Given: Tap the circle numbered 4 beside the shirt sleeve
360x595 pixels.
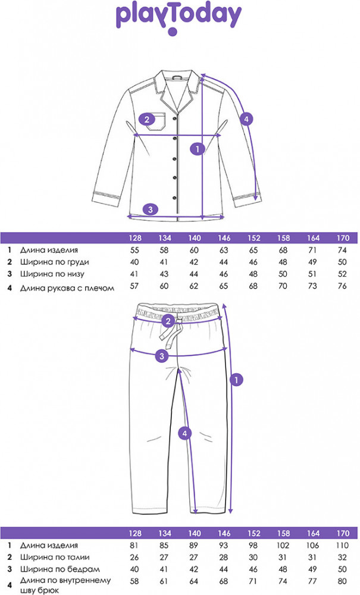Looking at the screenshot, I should pos(247,118).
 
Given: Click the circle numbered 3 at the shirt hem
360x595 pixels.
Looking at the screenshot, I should pos(151,209).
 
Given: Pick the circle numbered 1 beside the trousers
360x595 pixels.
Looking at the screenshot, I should pos(237,378).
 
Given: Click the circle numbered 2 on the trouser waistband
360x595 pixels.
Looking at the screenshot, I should pos(168,321).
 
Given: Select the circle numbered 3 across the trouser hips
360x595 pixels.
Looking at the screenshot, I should pos(160,356).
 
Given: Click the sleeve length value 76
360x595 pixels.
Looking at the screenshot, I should pos(341,287).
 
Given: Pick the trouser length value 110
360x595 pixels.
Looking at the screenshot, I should pos(341,545).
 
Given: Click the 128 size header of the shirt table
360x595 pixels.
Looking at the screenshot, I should pos(135,239).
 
